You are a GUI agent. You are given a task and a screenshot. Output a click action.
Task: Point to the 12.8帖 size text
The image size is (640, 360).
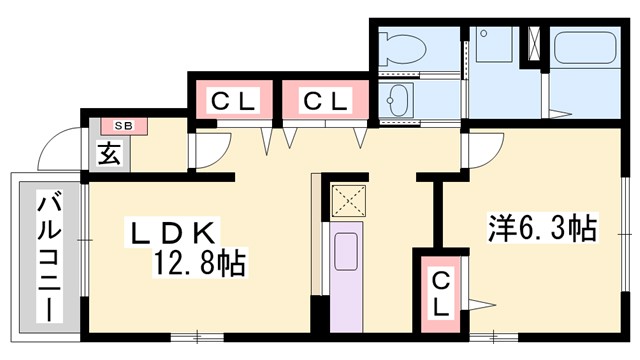click(199, 264)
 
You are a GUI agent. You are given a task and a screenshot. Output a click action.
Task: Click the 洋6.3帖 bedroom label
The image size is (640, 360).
click(543, 229)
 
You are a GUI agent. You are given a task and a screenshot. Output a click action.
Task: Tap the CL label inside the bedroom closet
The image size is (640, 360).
click(441, 296)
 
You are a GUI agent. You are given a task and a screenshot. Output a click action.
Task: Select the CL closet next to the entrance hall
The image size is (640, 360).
click(233, 101)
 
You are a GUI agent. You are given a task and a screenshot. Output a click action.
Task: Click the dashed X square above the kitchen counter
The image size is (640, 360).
click(351, 200)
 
